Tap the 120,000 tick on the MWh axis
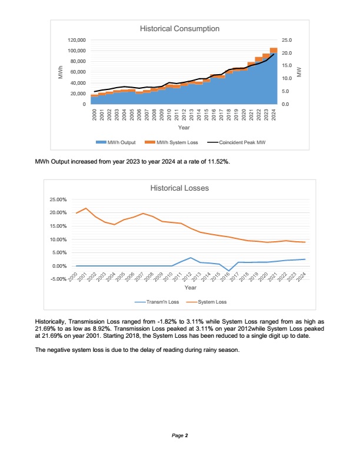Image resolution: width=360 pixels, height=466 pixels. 77,40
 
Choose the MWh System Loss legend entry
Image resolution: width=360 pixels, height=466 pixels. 174,142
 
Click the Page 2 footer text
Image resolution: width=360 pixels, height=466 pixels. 180,436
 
